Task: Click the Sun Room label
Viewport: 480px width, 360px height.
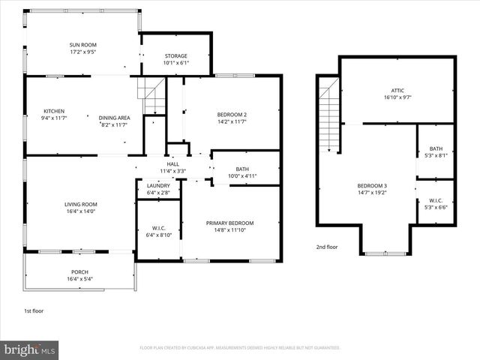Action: tap(83, 45)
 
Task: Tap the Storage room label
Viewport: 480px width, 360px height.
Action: tap(175, 56)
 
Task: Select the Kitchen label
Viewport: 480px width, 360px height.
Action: tap(54, 112)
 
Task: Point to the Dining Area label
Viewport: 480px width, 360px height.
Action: tap(115, 118)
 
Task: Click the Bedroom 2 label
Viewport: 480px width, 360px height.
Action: tap(232, 114)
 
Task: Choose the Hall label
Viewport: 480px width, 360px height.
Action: tap(173, 163)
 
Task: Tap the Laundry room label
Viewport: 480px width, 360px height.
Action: tap(158, 186)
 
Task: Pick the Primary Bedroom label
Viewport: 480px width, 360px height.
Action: tap(230, 223)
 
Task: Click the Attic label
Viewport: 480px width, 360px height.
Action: tap(397, 90)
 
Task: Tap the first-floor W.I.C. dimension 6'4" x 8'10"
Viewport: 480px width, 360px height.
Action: tap(158, 235)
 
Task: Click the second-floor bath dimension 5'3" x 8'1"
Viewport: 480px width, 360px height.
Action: tap(436, 156)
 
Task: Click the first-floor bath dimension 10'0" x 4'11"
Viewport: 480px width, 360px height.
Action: tap(242, 176)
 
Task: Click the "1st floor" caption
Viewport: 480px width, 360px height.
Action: tap(34, 310)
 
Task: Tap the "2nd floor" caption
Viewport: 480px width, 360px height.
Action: tap(326, 247)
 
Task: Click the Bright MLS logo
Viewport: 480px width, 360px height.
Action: tap(30, 349)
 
